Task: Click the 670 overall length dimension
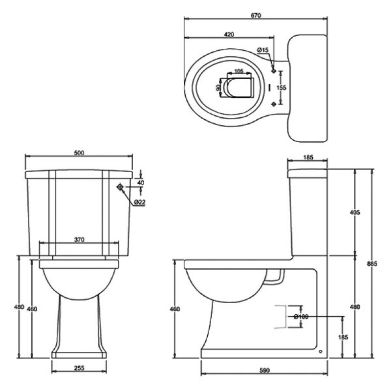256,16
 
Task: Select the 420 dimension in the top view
229,34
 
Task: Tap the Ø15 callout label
262,50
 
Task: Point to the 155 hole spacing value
282,88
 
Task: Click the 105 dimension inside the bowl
239,71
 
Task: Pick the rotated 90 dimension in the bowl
217,87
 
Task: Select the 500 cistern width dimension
79,152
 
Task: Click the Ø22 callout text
139,202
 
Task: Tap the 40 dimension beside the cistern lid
141,182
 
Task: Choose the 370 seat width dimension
79,240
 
